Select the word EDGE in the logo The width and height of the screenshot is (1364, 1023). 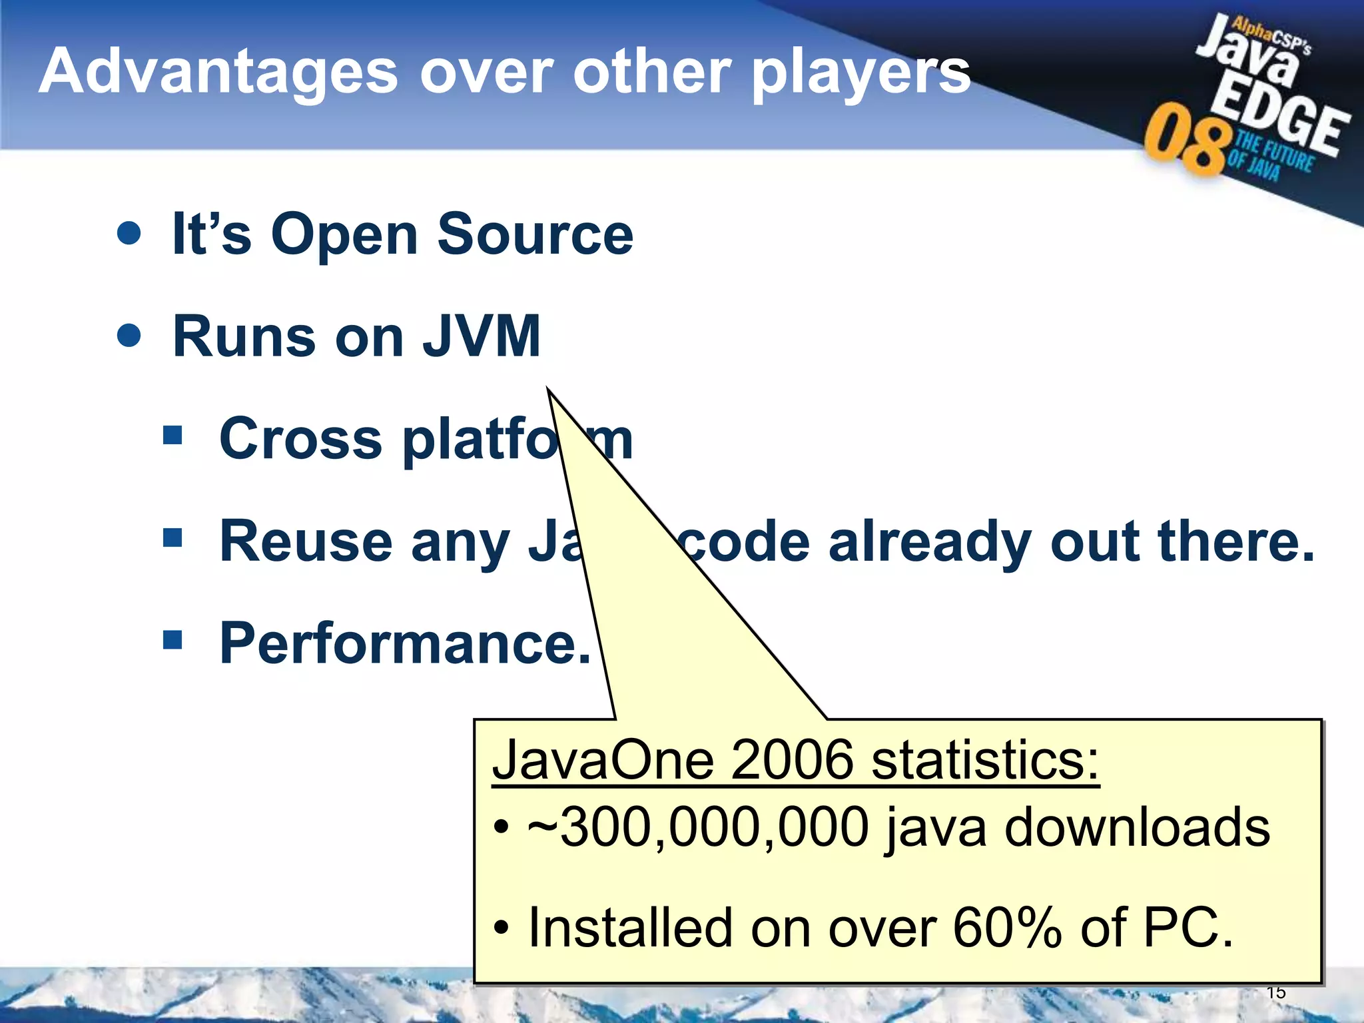[1279, 120]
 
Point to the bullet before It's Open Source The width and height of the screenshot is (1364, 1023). [129, 233]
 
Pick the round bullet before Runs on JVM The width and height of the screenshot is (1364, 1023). [129, 335]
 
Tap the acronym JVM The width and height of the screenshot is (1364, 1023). [481, 336]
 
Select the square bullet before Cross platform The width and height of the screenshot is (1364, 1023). [172, 436]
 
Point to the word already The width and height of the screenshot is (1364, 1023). [930, 542]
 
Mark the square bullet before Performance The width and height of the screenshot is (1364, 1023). [172, 639]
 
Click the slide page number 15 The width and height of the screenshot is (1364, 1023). [1275, 993]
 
